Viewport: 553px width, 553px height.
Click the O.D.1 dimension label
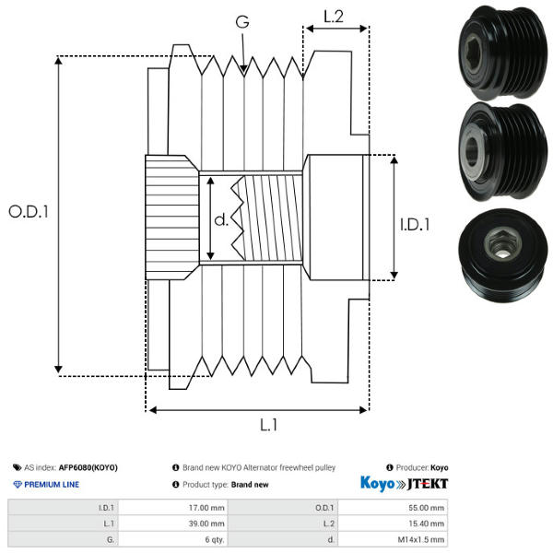(x=29, y=211)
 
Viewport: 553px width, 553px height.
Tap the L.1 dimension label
(x=268, y=425)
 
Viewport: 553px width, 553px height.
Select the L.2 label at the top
(x=334, y=15)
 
